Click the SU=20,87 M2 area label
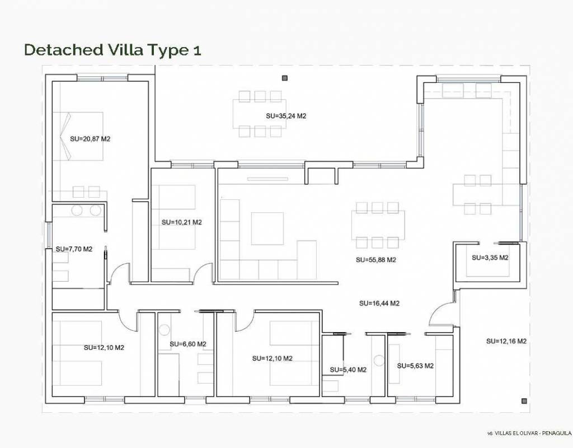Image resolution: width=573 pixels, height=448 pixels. [90, 139]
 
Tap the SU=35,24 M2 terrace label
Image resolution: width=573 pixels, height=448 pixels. [286, 116]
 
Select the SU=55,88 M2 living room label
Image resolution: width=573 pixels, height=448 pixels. [376, 260]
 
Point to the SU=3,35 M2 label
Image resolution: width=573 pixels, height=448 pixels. [490, 258]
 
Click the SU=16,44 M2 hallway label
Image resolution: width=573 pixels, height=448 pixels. [379, 303]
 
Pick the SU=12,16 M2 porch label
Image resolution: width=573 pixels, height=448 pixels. [506, 341]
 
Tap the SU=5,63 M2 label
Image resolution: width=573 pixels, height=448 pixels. [416, 366]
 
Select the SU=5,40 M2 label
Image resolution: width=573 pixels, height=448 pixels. [348, 370]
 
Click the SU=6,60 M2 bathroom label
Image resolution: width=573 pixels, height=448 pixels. [188, 344]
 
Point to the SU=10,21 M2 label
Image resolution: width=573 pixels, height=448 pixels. [182, 222]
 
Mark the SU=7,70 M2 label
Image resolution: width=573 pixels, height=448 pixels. [74, 249]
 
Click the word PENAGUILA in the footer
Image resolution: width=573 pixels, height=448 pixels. [557, 433]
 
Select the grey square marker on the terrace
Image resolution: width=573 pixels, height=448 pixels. [284, 77]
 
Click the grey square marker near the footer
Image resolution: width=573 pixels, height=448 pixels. [524, 401]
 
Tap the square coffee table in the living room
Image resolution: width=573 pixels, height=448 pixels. [267, 228]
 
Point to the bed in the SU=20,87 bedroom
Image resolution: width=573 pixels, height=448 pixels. [78, 137]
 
